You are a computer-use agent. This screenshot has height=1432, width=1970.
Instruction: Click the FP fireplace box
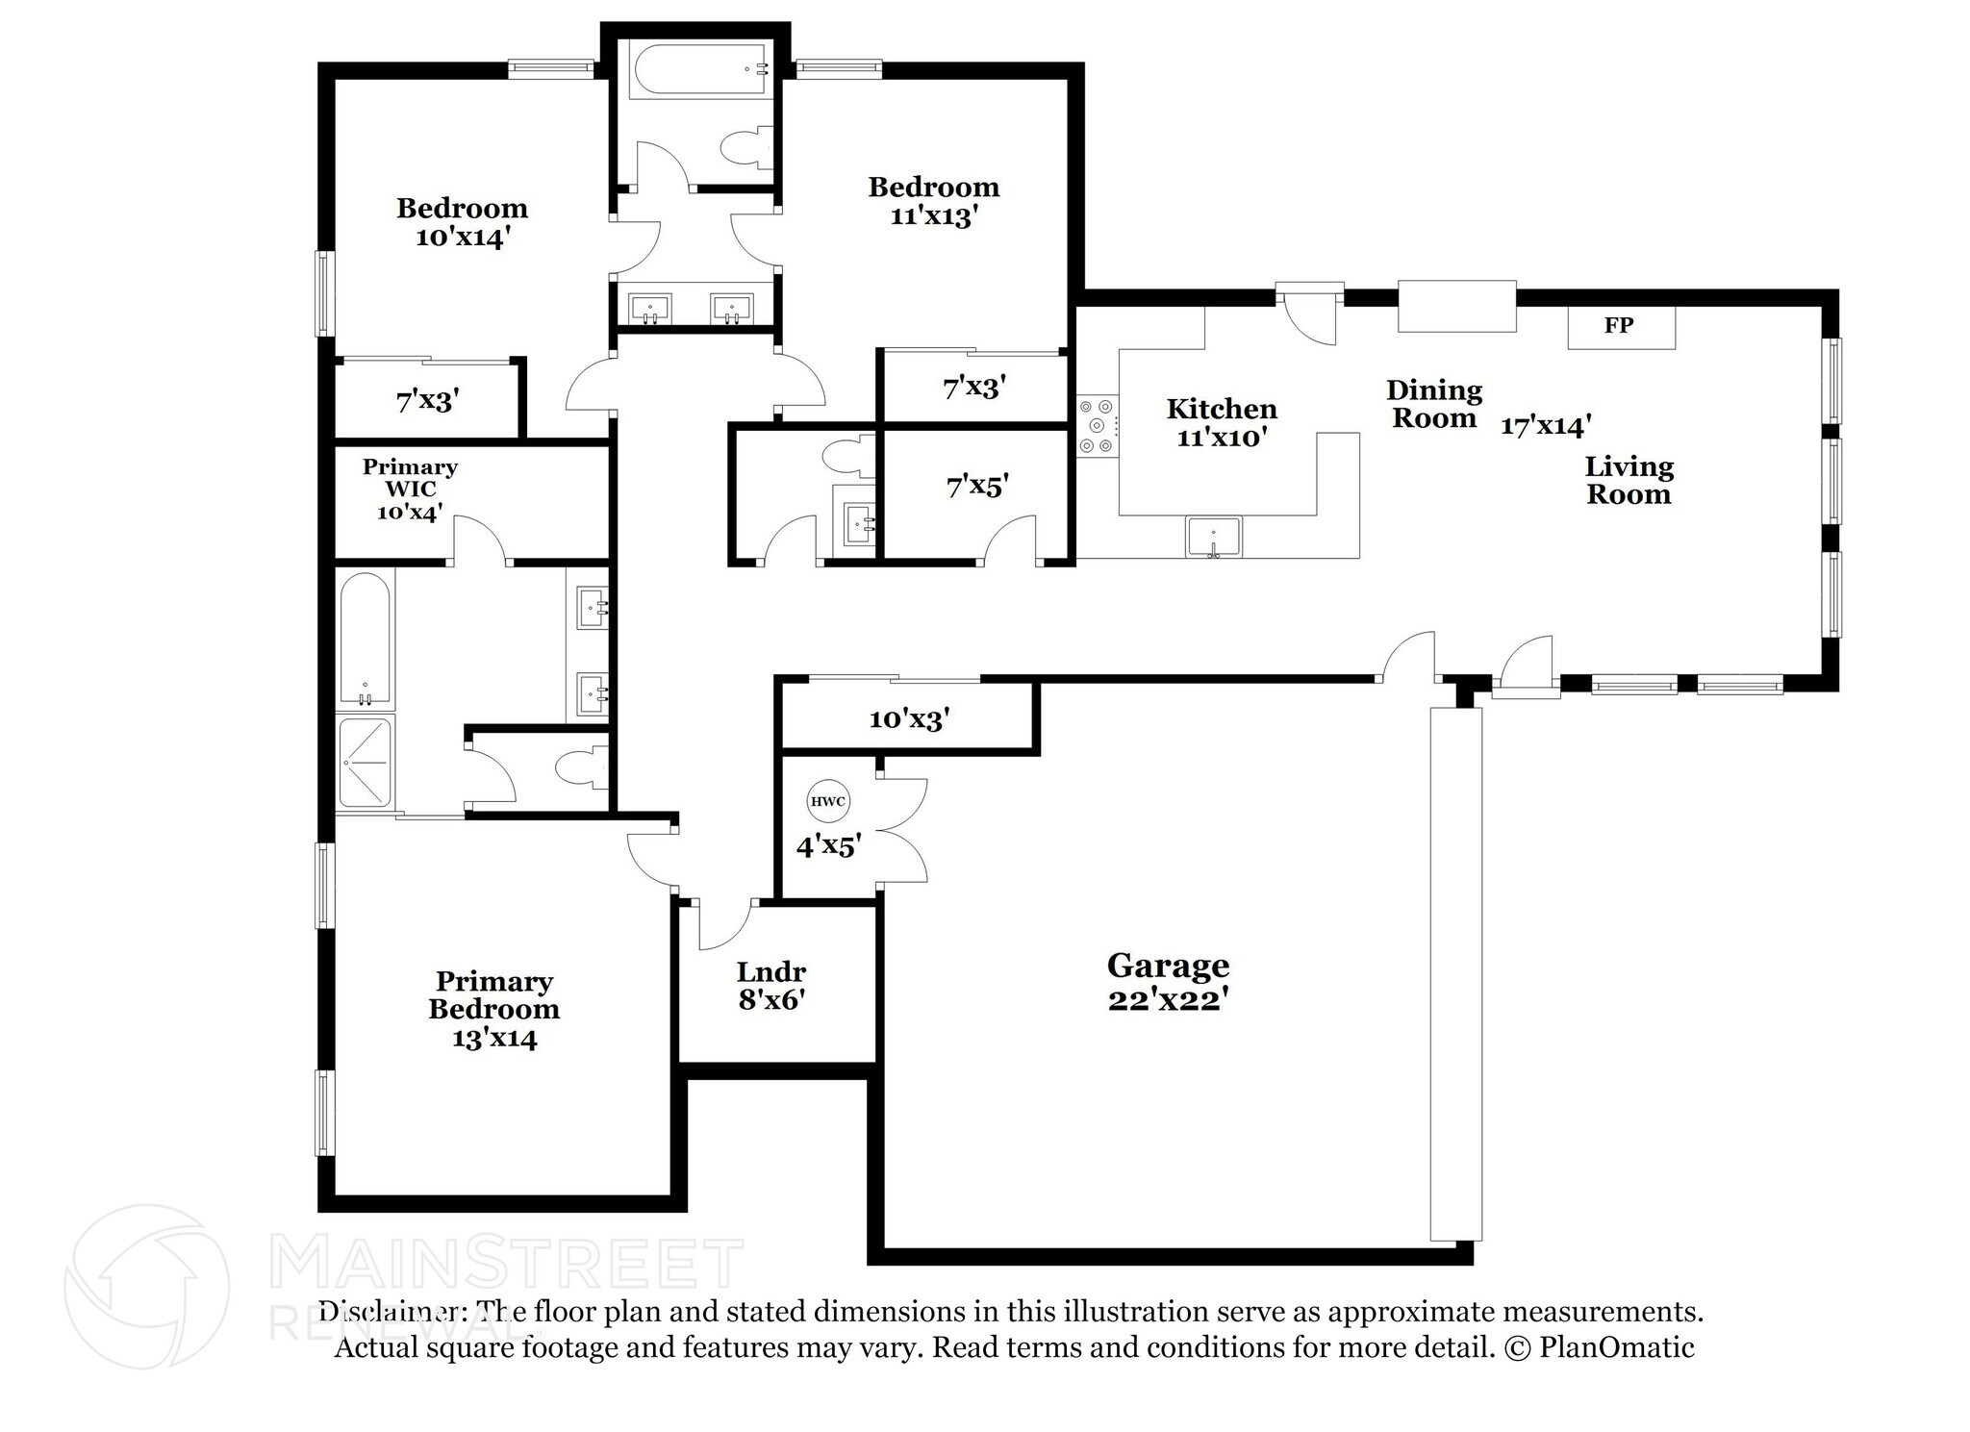coord(1621,326)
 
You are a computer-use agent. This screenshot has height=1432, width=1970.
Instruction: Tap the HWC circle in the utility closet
coord(827,801)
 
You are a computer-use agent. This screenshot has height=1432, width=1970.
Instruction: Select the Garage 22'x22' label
coord(1168,981)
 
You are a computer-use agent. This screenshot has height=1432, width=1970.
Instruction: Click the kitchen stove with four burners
coord(1098,425)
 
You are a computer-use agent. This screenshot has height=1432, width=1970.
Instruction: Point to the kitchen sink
coord(1214,537)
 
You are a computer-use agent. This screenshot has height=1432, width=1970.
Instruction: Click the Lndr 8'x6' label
coord(771,986)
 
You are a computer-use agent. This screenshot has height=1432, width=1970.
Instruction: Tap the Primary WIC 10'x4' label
coord(410,490)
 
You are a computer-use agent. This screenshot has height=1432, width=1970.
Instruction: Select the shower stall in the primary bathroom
coord(365,762)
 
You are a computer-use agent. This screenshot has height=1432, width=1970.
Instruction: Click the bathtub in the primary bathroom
coord(366,639)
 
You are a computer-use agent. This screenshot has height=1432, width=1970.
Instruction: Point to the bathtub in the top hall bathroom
coord(698,68)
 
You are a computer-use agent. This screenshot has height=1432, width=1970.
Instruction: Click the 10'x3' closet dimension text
coord(909,718)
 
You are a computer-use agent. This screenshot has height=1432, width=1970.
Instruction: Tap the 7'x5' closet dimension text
coord(977,487)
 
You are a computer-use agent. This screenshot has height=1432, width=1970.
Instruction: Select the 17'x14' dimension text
coord(1546,425)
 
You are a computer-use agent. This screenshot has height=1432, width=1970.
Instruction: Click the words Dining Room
coord(1434,404)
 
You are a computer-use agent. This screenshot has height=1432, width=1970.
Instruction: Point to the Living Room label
coord(1629,481)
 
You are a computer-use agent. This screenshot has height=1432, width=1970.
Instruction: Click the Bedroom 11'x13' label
coord(933,200)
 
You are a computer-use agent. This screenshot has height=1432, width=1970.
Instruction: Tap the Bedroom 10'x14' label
coord(462,222)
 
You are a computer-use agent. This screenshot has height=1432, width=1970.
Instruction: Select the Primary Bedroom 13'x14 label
coord(493,1009)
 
